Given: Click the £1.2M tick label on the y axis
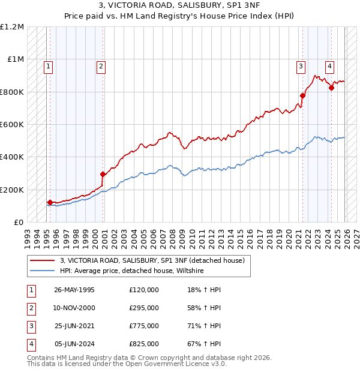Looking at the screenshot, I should tap(12, 27).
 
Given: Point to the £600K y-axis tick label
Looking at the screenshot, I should tap(12, 124).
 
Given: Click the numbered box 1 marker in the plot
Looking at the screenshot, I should tap(47, 67).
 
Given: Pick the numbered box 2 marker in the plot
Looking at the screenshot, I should tap(101, 67).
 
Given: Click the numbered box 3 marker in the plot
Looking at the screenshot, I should tap(301, 67).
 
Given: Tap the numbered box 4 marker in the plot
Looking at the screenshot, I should tap(329, 67).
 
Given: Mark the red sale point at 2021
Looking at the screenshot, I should tap(303, 95).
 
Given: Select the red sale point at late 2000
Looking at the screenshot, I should tap(103, 174).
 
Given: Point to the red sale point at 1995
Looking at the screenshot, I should tap(50, 203).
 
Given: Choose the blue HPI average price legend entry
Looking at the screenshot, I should tap(131, 271).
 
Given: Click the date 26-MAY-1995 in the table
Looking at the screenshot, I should tap(74, 290).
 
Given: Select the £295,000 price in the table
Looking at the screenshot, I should tap(144, 308).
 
